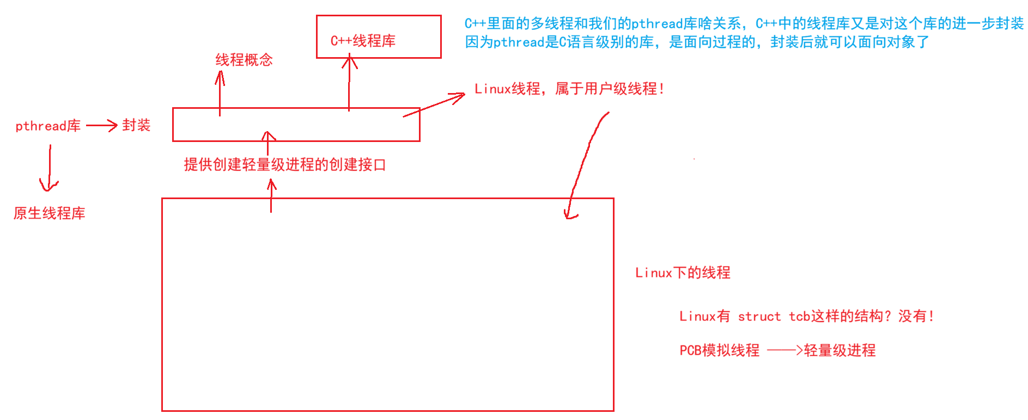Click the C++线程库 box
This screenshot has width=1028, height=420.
point(378,37)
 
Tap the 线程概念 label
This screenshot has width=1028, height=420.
point(244,60)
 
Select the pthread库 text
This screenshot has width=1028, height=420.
point(48,126)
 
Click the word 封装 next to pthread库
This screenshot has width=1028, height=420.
point(136,125)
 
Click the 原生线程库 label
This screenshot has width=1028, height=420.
point(49,213)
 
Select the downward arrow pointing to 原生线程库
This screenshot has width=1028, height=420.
point(49,169)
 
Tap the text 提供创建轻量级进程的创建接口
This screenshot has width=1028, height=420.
point(284,164)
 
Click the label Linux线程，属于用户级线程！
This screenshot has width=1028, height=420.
point(569,89)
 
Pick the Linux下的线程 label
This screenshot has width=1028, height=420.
point(683,273)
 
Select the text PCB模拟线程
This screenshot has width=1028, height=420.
point(719,350)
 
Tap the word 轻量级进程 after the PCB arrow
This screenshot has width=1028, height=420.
point(840,350)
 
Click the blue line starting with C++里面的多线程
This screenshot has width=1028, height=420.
point(744,23)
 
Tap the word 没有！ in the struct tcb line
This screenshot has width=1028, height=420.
point(916,316)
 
